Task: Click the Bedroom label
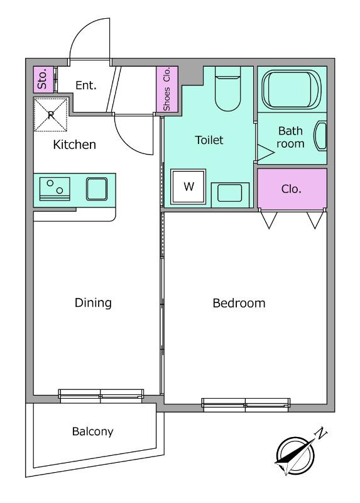(239, 303)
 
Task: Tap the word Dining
(93, 302)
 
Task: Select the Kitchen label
(74, 145)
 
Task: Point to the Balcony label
(92, 431)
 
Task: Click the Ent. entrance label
(86, 86)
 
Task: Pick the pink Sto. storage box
(43, 79)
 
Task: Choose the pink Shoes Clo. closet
(167, 89)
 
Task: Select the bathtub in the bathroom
(292, 89)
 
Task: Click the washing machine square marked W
(188, 186)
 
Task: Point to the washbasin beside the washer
(230, 194)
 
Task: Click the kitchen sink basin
(97, 189)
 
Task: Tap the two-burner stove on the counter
(55, 189)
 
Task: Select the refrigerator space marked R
(51, 114)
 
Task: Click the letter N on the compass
(321, 433)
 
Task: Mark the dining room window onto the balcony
(101, 395)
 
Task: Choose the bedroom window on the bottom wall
(246, 404)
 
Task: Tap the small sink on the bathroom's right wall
(320, 136)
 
